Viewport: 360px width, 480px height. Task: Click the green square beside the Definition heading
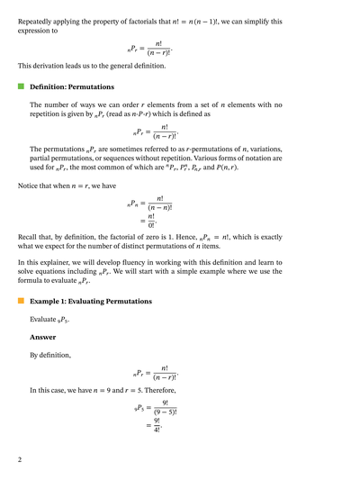click(21, 86)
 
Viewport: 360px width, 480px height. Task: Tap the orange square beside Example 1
click(21, 301)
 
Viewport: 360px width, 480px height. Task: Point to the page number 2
click(20, 459)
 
